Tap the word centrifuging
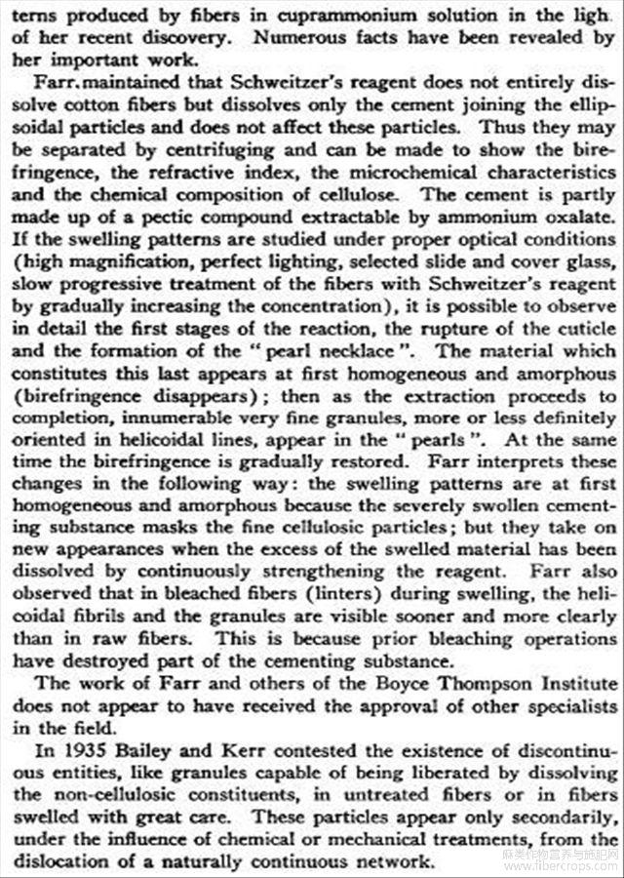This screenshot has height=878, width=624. (x=233, y=151)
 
